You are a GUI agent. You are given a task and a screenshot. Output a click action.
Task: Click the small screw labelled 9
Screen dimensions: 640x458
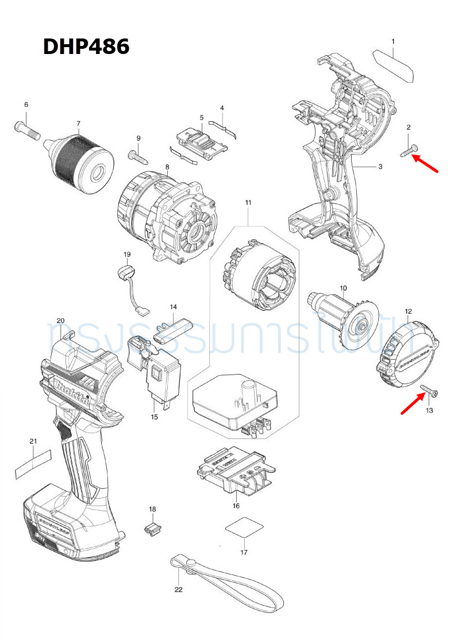(136, 154)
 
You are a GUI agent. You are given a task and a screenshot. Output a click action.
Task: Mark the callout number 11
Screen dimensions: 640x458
(248, 203)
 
